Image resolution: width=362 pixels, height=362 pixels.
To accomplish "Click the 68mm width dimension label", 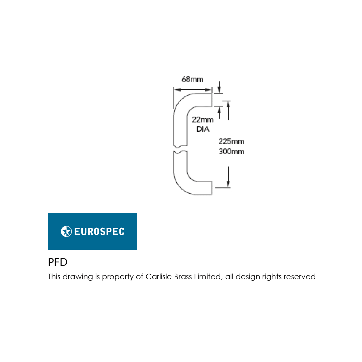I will coord(192,79).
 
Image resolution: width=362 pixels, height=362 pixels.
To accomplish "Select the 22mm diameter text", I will coord(203,120).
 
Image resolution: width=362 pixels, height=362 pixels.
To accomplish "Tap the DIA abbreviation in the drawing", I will coord(203,129).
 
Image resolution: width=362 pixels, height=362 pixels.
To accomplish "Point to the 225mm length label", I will coord(231,141).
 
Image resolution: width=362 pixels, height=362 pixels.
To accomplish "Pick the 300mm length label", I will coord(231,151).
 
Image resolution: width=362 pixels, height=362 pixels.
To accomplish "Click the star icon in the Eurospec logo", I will coord(66,231).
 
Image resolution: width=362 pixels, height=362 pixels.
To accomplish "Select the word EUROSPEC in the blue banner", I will coord(99,232).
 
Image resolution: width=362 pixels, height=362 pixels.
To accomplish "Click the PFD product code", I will coord(58,262).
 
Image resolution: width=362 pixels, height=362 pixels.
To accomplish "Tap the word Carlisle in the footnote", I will coord(159,277).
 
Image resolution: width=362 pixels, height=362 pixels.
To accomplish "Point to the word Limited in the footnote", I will coord(208,277).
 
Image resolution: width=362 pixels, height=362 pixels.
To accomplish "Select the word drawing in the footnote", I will coord(78,277).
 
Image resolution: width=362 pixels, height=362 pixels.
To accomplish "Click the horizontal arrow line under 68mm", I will coord(192,90).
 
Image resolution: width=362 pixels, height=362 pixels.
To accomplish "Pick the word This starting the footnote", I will coord(54,277).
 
